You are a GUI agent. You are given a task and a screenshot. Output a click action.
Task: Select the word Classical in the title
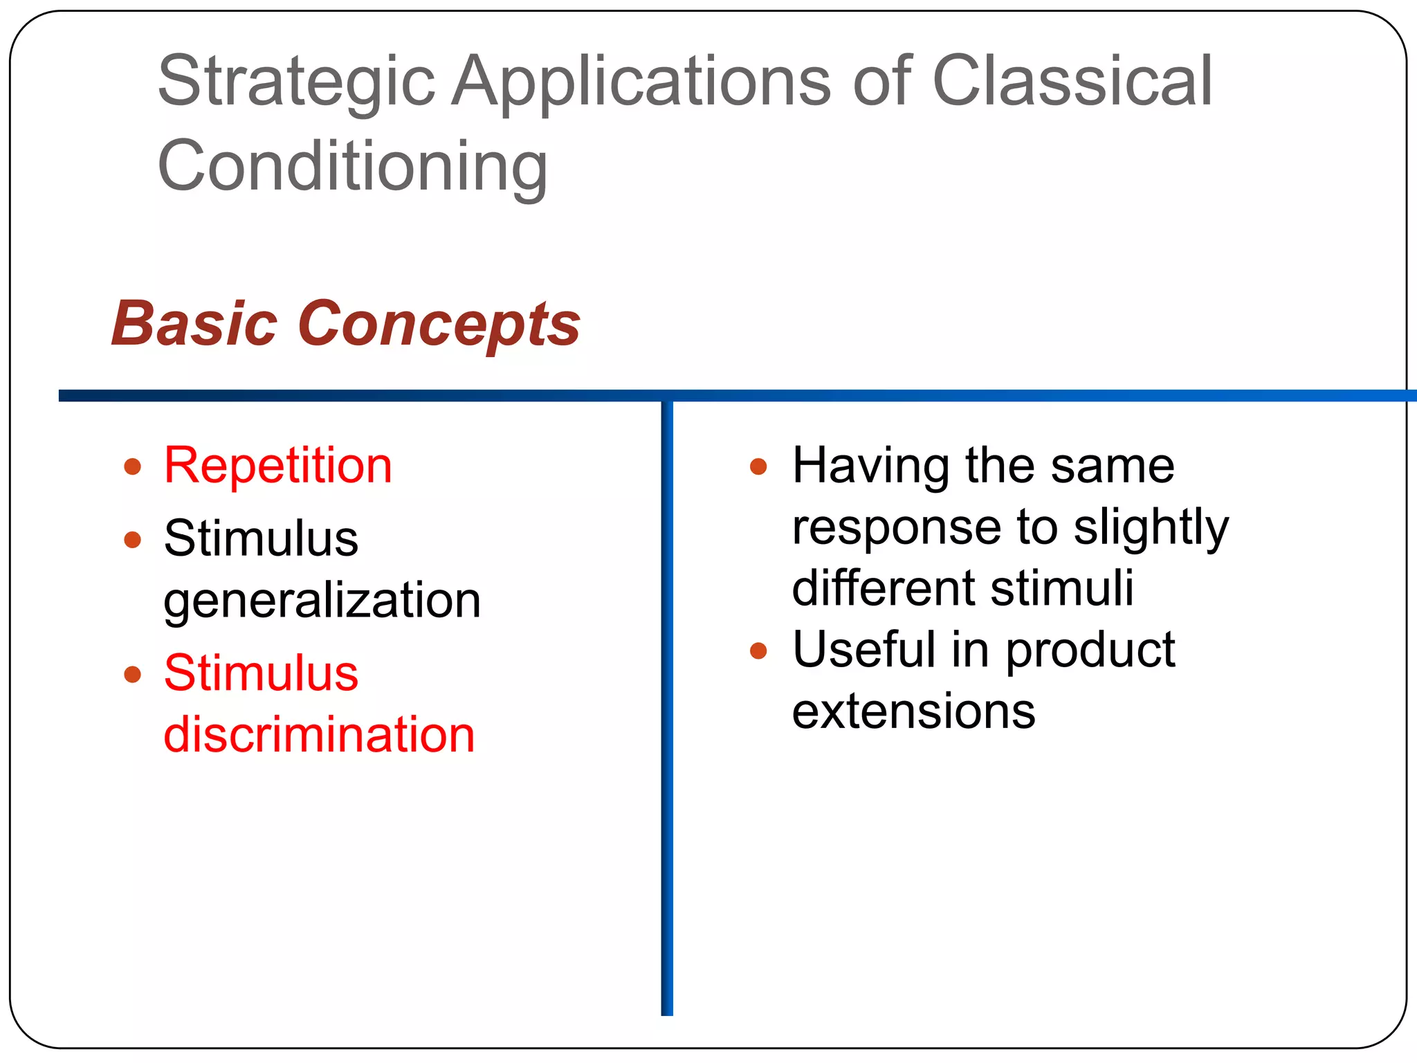(1072, 82)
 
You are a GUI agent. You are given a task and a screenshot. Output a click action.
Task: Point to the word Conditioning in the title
(353, 167)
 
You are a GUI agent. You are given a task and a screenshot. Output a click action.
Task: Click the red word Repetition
(278, 466)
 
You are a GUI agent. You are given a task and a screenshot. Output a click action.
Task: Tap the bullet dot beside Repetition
(133, 466)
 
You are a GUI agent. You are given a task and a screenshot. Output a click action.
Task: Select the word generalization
(322, 601)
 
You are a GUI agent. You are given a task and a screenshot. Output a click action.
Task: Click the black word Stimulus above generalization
(261, 539)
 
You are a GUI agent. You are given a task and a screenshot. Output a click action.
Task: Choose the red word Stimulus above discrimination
(261, 673)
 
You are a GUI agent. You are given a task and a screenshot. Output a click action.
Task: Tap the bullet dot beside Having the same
(758, 466)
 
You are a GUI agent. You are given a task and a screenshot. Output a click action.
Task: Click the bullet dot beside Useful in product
(758, 651)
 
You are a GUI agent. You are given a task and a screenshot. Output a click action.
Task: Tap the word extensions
(913, 711)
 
